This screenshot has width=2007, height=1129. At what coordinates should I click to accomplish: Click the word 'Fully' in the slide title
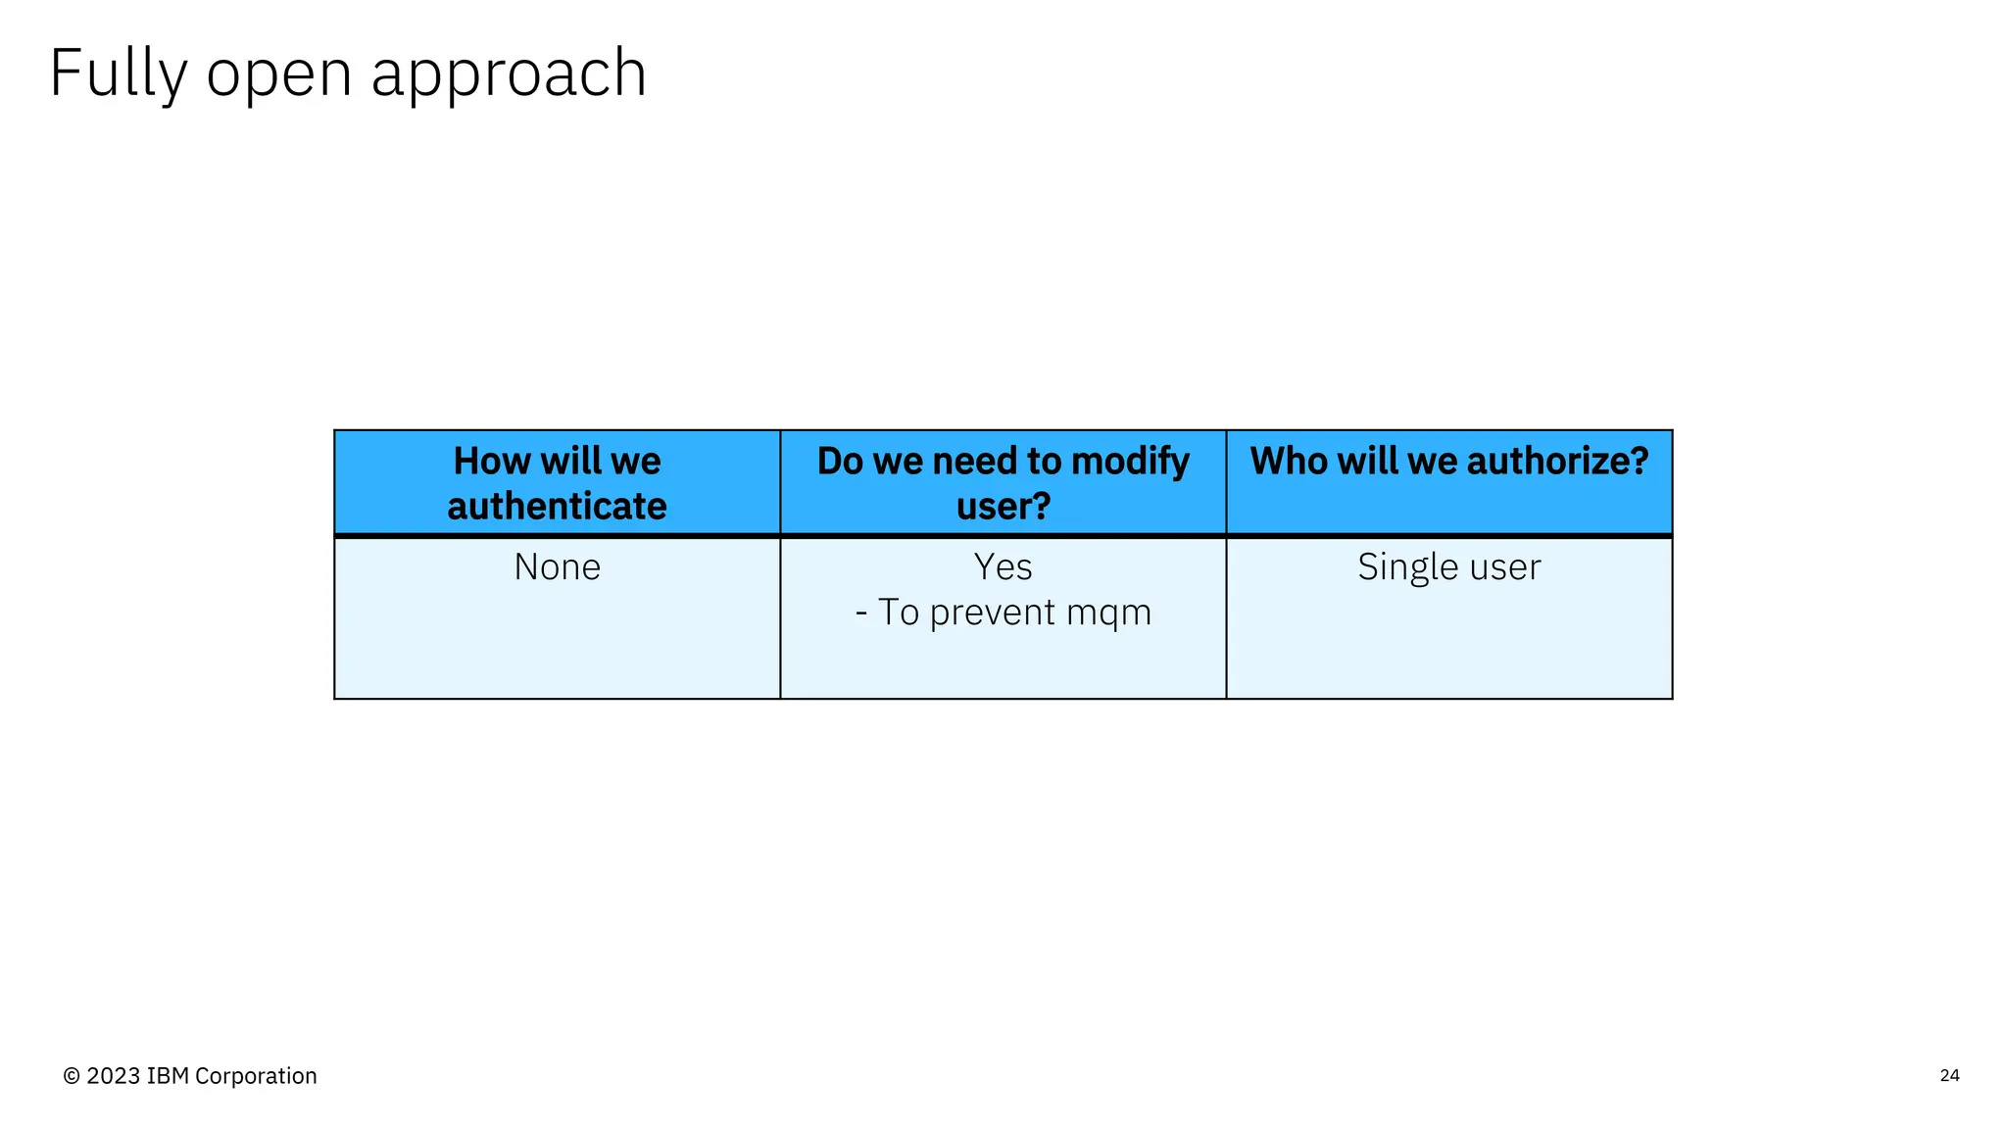(x=118, y=74)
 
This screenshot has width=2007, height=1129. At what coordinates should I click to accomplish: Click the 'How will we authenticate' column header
(x=557, y=483)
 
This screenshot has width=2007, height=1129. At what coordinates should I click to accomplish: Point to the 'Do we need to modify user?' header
(x=1003, y=483)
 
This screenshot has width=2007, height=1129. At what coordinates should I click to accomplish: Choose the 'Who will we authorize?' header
(x=1448, y=462)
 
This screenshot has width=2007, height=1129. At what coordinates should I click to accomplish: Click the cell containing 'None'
(x=557, y=567)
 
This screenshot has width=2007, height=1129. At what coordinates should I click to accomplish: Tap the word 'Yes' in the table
(x=1003, y=567)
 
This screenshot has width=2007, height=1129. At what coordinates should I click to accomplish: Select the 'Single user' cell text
(x=1448, y=567)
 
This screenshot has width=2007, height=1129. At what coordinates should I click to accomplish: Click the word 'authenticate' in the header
(x=557, y=507)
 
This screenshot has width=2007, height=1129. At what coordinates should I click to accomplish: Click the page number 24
(x=1949, y=1075)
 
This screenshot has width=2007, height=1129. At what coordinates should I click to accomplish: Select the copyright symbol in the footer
(x=72, y=1076)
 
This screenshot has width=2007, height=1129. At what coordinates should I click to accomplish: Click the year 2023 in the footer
(x=114, y=1076)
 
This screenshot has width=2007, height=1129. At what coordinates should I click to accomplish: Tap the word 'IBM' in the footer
(x=168, y=1076)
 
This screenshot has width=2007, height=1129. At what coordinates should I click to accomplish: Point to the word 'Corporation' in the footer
(x=256, y=1076)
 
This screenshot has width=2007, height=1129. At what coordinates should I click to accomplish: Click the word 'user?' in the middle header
(x=1003, y=507)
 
